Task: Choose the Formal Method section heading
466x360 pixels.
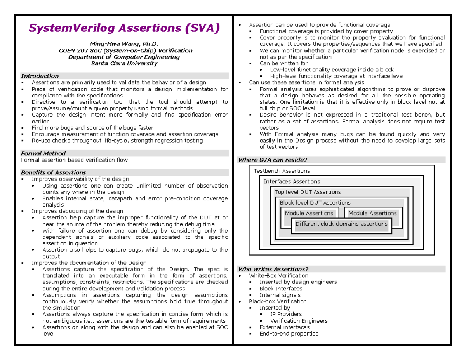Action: [x=43, y=153]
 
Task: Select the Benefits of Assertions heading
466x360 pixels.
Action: [x=53, y=172]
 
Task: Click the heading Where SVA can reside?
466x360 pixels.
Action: [x=272, y=160]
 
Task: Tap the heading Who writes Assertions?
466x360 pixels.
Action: [x=273, y=269]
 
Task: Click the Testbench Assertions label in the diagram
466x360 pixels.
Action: [x=282, y=171]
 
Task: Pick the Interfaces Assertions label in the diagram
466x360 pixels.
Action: [x=292, y=181]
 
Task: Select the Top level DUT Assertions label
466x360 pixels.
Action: [x=308, y=192]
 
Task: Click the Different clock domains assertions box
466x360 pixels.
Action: [x=341, y=224]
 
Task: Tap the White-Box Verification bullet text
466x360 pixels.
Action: [x=278, y=275]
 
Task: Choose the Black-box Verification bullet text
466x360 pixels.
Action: [x=278, y=301]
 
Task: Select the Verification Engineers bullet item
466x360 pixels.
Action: [x=299, y=320]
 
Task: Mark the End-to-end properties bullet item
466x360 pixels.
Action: [x=289, y=333]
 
